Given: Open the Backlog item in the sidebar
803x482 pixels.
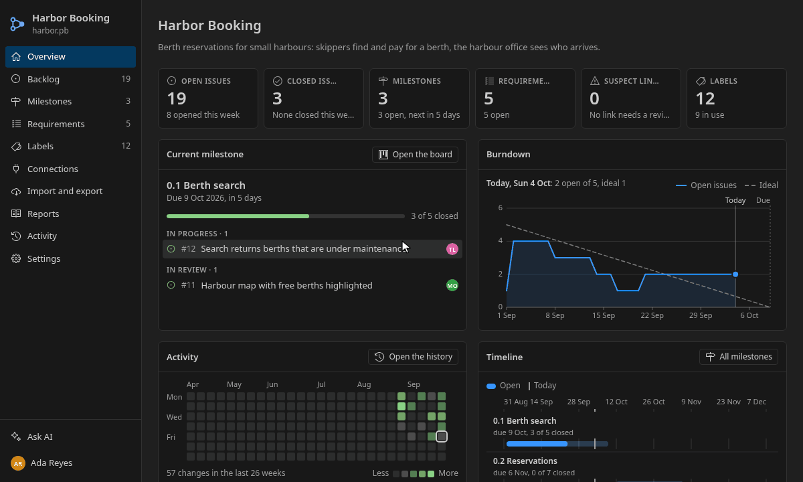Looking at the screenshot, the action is (x=70, y=79).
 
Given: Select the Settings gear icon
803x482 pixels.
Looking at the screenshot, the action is (x=16, y=258).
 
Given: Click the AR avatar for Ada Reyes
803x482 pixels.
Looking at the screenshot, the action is (x=18, y=463).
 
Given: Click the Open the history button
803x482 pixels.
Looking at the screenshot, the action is (x=413, y=357).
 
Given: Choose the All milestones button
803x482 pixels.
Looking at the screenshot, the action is (x=739, y=357).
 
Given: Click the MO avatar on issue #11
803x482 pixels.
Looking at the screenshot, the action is (x=452, y=285).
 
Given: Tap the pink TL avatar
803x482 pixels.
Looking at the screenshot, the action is (x=452, y=249).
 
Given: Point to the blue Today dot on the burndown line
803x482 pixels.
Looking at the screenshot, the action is (x=735, y=274).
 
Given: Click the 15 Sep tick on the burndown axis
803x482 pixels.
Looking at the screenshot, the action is (x=604, y=315).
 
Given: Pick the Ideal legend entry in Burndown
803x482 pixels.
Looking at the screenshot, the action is (x=761, y=185).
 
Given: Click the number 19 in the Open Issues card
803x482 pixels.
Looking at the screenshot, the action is (x=177, y=98).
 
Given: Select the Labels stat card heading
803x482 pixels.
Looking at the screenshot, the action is (x=723, y=81).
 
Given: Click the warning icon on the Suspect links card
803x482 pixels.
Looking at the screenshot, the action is (x=595, y=81).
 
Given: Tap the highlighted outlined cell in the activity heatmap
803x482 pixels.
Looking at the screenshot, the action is (x=442, y=436).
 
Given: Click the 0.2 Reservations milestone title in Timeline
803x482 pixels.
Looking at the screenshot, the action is (x=525, y=461).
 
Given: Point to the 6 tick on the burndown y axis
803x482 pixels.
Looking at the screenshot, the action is (x=500, y=208).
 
